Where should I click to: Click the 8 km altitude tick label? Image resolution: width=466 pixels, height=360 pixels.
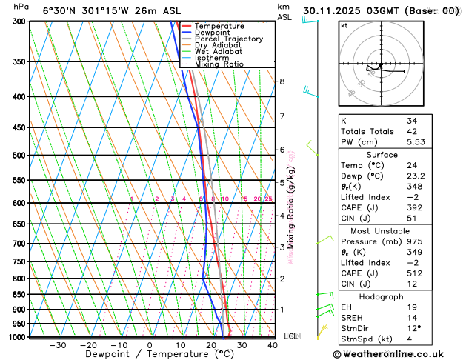[x=282, y=81]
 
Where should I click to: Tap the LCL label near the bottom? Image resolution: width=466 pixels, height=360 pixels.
[x=290, y=336]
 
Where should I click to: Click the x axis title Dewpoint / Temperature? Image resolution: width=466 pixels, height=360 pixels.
[x=149, y=355]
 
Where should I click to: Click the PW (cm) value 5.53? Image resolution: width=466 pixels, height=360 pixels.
[x=416, y=141]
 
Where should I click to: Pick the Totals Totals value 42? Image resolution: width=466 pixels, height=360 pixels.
[x=411, y=131]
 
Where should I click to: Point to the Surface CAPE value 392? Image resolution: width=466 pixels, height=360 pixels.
[x=413, y=208]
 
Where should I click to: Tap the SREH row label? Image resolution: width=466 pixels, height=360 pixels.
[x=353, y=318]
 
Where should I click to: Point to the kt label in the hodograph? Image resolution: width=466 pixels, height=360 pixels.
[x=344, y=26]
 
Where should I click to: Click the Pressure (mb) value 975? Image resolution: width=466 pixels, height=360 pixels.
[x=413, y=241]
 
